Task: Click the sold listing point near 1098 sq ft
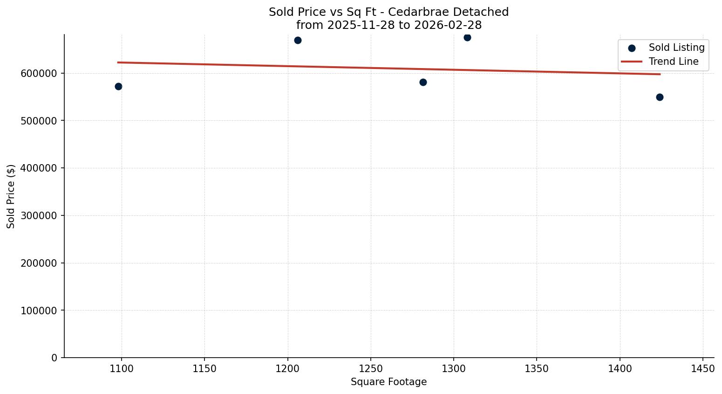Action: (x=118, y=86)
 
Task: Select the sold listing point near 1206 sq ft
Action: (x=298, y=40)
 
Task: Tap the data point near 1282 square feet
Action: (x=423, y=82)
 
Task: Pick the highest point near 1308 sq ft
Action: (x=467, y=37)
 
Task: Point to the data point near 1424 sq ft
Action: (x=660, y=97)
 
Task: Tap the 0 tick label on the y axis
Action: (x=54, y=358)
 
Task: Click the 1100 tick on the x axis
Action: (x=122, y=369)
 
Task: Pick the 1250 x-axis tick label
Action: (x=371, y=369)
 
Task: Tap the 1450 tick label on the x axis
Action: (x=703, y=369)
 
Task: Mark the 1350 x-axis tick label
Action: (x=537, y=369)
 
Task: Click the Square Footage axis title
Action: (x=388, y=382)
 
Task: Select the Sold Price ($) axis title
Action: (x=11, y=196)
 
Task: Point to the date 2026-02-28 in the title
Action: (x=448, y=25)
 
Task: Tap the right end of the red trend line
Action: (x=660, y=74)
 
